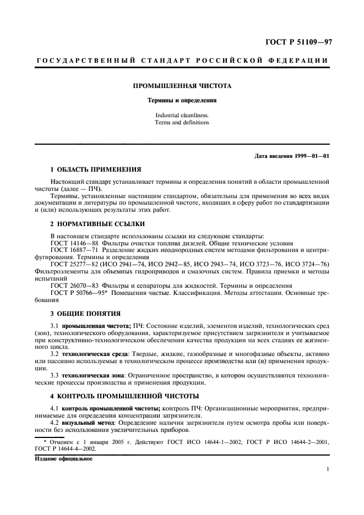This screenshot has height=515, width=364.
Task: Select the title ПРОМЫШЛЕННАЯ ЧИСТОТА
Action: click(x=182, y=86)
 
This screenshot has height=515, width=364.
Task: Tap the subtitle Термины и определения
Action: click(x=182, y=101)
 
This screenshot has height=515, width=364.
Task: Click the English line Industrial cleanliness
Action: click(x=182, y=115)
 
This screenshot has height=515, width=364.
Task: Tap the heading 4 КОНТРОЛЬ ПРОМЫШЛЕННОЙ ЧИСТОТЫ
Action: click(x=124, y=396)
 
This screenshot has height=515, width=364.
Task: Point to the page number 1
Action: click(x=328, y=469)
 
